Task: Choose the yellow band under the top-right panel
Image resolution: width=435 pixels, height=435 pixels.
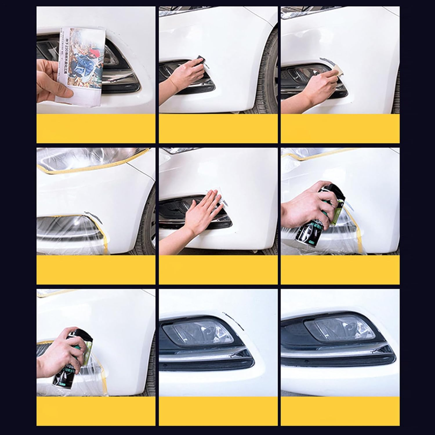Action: [x=340, y=128]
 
